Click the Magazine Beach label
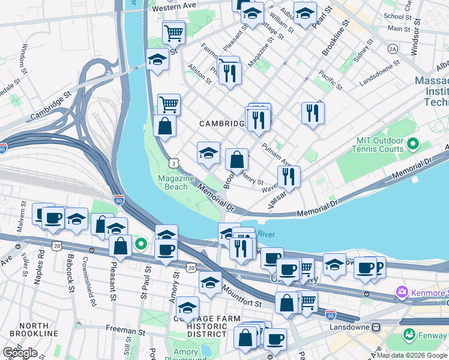(x=176, y=182)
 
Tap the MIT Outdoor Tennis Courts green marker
(x=412, y=145)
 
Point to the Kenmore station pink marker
(x=401, y=292)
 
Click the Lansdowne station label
(x=351, y=328)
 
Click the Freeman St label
(x=127, y=329)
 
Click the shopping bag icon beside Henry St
(x=237, y=160)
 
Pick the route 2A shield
(x=393, y=49)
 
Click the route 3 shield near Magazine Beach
(x=173, y=162)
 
